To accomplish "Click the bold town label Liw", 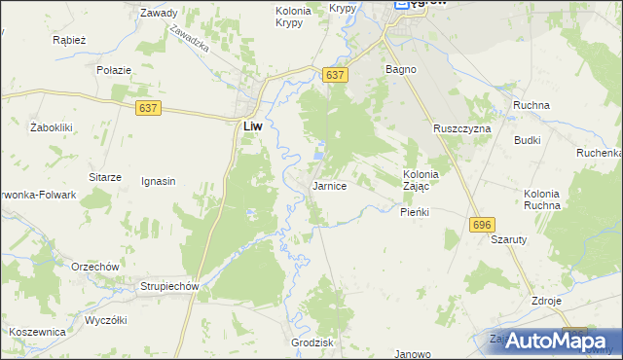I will coord(251,126).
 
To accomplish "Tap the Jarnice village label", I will coord(329,186).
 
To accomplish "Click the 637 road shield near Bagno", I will coord(335,75).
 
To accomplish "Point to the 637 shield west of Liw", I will coord(148,108).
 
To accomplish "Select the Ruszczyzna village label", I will coord(462,127).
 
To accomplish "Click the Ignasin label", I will coord(159,181).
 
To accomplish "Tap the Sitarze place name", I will coord(105,177).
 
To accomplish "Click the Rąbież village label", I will coord(70,41).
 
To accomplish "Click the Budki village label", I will coord(528,140).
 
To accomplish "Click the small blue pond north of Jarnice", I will coord(320,153).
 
